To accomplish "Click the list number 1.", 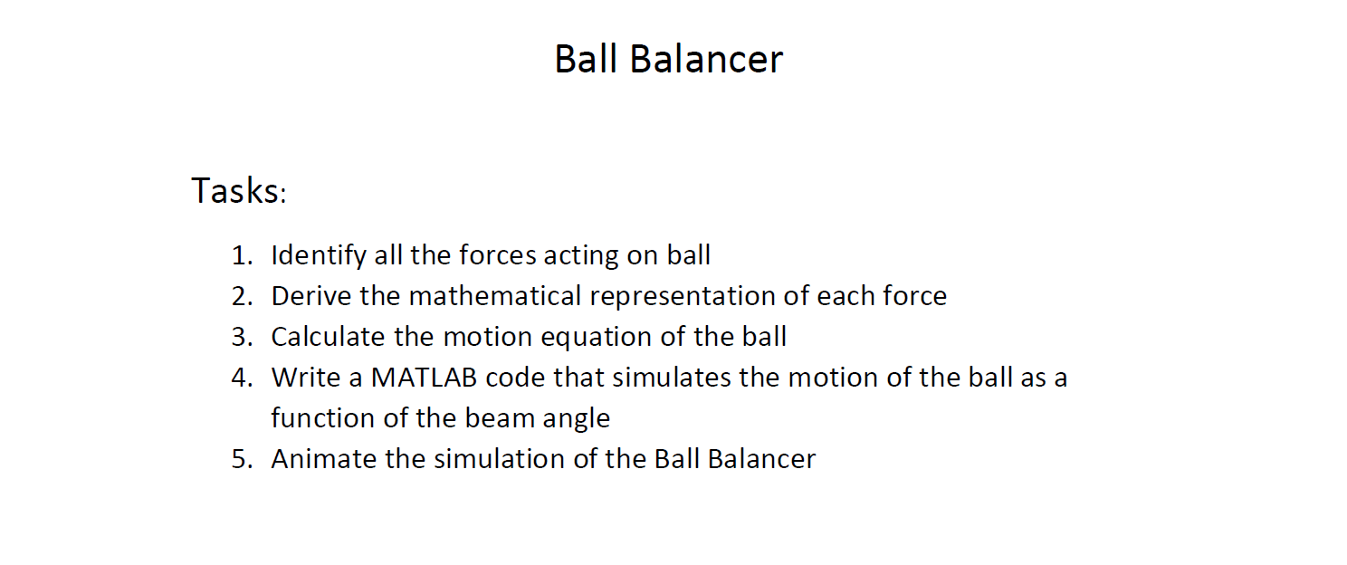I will tap(240, 255).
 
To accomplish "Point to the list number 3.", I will tap(240, 337).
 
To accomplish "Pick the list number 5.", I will tap(240, 459).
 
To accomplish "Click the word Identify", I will tap(319, 255).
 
